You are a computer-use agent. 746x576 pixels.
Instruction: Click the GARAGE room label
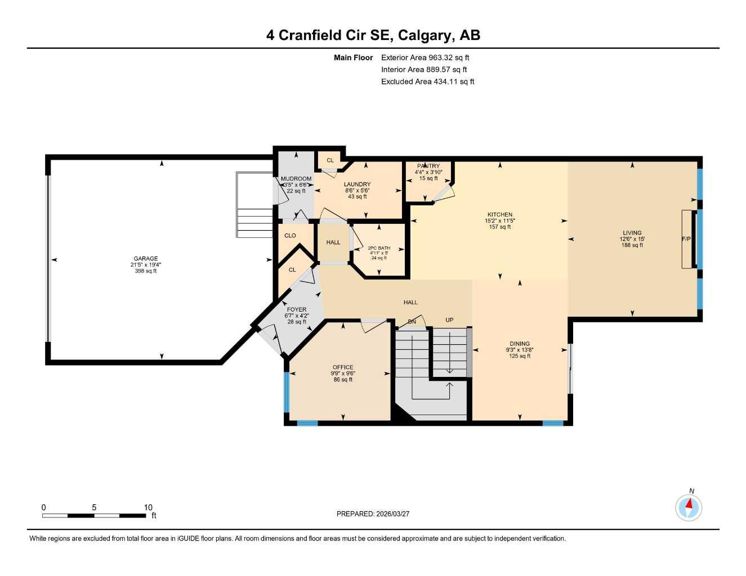click(145, 259)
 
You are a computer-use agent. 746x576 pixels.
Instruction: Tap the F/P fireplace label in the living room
click(686, 239)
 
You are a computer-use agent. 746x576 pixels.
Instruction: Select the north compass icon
click(689, 508)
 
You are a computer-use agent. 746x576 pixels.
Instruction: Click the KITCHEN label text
click(500, 214)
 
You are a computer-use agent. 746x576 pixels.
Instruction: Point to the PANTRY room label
click(428, 166)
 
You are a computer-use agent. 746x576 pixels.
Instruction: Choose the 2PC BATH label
click(379, 248)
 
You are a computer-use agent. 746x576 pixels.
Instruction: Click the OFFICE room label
click(343, 367)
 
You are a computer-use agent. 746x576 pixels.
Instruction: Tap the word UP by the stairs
click(449, 320)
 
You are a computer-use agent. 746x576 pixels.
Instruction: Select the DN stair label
click(412, 322)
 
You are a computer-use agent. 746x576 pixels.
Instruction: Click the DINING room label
click(520, 344)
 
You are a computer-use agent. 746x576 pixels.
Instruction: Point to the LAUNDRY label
click(357, 184)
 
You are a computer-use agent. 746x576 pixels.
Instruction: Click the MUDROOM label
click(296, 179)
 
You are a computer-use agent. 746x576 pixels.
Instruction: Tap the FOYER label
click(297, 309)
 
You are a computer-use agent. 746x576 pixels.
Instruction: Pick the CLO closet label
click(290, 236)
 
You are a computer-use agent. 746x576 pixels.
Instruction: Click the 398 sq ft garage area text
click(145, 271)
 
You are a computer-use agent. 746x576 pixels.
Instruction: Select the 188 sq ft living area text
click(632, 245)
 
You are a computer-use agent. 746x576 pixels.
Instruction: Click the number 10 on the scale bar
click(148, 507)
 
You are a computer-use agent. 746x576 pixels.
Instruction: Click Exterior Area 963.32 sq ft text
click(425, 57)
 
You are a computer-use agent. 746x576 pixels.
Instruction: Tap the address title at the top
click(373, 35)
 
